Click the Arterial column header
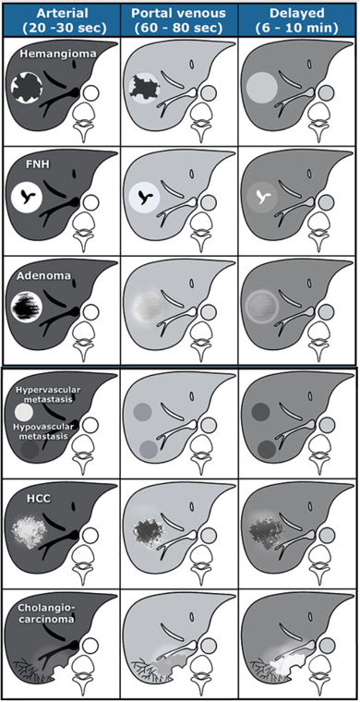(62, 18)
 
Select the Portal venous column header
(179, 18)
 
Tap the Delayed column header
(298, 18)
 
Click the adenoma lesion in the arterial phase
(26, 307)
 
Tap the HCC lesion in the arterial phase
(28, 531)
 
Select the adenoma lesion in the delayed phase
(261, 307)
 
